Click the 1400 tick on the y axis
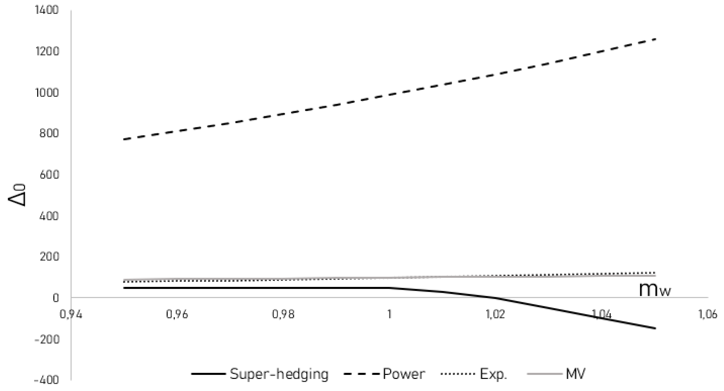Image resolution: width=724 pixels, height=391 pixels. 47,10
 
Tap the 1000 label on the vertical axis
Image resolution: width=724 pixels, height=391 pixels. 47,93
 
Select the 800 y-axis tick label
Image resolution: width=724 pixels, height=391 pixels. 49,133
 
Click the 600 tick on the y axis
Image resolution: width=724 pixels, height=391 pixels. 49,175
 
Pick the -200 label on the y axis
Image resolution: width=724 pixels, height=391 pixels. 47,339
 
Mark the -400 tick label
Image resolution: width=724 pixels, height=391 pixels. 47,381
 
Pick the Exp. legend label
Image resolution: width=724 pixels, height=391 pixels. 494,374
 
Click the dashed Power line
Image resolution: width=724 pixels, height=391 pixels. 390,95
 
